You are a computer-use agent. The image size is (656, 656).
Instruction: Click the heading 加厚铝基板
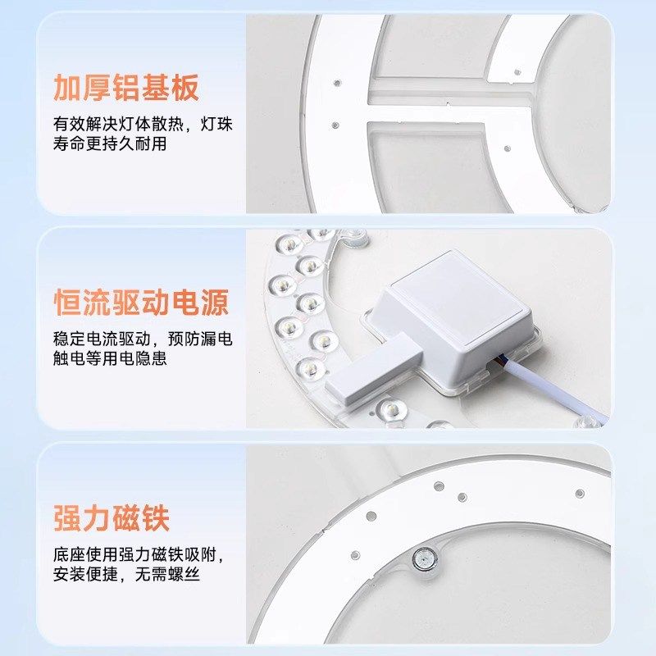126,86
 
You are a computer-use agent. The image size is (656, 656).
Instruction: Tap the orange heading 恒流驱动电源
140,303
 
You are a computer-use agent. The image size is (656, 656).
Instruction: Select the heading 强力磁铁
112,519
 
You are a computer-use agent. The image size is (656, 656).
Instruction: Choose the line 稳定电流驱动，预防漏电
143,339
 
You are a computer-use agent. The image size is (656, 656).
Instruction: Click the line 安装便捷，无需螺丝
126,576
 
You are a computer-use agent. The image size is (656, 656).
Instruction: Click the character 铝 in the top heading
125,86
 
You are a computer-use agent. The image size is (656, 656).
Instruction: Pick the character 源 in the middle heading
212,303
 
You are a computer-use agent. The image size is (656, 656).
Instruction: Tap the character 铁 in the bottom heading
155,519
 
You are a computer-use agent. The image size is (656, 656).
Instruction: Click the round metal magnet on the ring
424,559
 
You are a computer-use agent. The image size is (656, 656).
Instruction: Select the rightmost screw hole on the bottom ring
580,493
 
